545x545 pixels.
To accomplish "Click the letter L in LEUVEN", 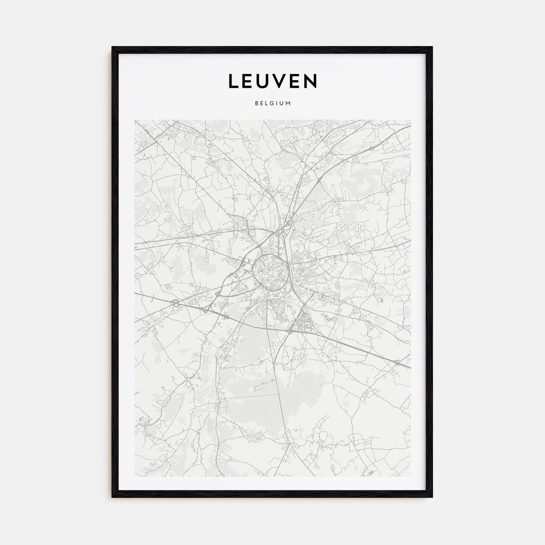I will click(x=234, y=81).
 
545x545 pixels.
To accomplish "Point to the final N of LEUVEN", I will click(x=311, y=81).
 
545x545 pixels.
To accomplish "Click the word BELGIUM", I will click(x=272, y=104).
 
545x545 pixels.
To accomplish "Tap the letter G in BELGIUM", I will click(x=274, y=104).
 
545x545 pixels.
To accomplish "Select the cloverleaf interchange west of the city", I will click(x=176, y=302).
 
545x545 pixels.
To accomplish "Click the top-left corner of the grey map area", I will click(x=135, y=120).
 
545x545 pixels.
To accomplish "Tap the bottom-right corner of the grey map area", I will click(x=411, y=476).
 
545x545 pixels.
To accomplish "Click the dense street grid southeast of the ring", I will click(x=302, y=322).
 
